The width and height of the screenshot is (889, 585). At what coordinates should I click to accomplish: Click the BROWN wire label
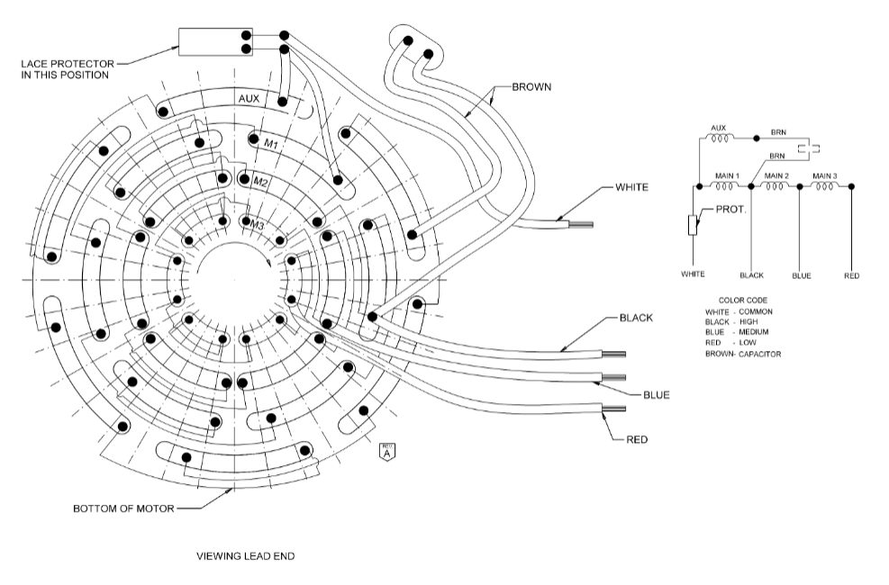point(531,87)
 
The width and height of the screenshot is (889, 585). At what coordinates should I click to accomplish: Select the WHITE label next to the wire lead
point(632,188)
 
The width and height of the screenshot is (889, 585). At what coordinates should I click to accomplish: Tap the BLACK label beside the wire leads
point(636,319)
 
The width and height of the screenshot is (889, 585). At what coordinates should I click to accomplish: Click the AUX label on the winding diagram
point(249,98)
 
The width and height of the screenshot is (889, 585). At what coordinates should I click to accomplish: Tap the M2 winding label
point(261,182)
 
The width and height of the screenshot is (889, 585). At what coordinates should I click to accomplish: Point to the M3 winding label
point(257,223)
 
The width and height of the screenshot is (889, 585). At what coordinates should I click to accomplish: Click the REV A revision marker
point(387,452)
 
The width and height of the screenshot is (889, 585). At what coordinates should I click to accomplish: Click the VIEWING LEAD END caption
point(245,556)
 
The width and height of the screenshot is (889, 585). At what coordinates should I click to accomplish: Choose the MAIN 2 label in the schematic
point(776,175)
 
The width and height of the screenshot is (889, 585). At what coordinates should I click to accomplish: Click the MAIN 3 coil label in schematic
point(826,175)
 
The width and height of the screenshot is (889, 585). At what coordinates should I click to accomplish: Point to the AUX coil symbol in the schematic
point(719,138)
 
